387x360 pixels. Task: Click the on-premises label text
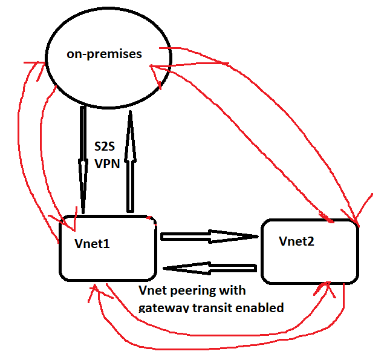click(x=104, y=54)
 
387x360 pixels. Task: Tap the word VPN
click(x=106, y=163)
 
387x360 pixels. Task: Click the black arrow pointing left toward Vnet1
click(x=212, y=267)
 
